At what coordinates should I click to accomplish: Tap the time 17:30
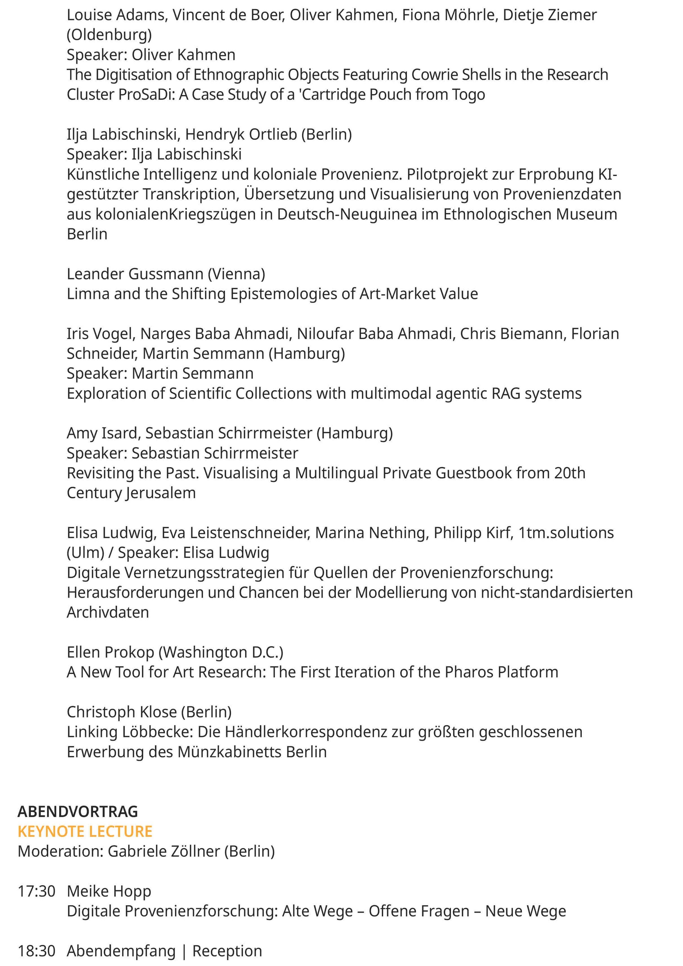pos(37,891)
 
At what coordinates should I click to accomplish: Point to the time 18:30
pos(37,951)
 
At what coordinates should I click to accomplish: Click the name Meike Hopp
pos(109,891)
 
